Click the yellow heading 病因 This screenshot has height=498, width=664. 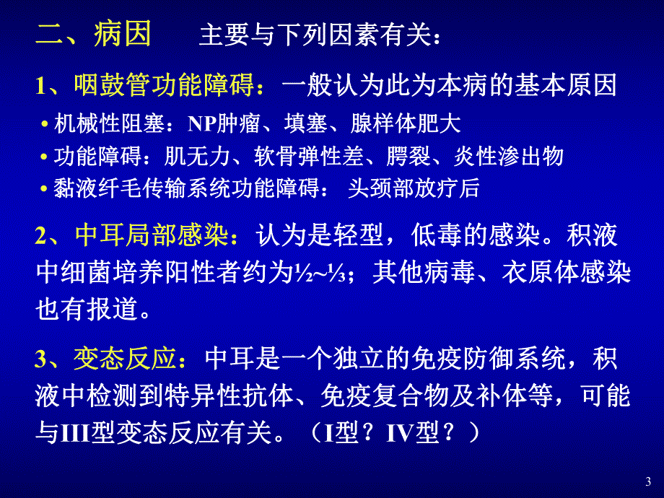[122, 34]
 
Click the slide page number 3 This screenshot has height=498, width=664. [647, 481]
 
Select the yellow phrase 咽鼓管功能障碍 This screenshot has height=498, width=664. [163, 87]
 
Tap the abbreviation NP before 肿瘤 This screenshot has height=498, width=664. [200, 124]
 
